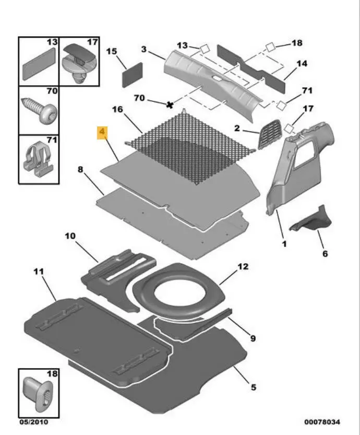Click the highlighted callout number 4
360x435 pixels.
(102, 133)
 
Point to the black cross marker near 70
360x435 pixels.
(170, 105)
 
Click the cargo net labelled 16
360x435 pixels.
(190, 146)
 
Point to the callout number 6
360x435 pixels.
(324, 254)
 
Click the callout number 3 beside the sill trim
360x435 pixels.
(143, 49)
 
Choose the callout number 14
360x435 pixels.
(302, 64)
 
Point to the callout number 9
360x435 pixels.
(253, 338)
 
